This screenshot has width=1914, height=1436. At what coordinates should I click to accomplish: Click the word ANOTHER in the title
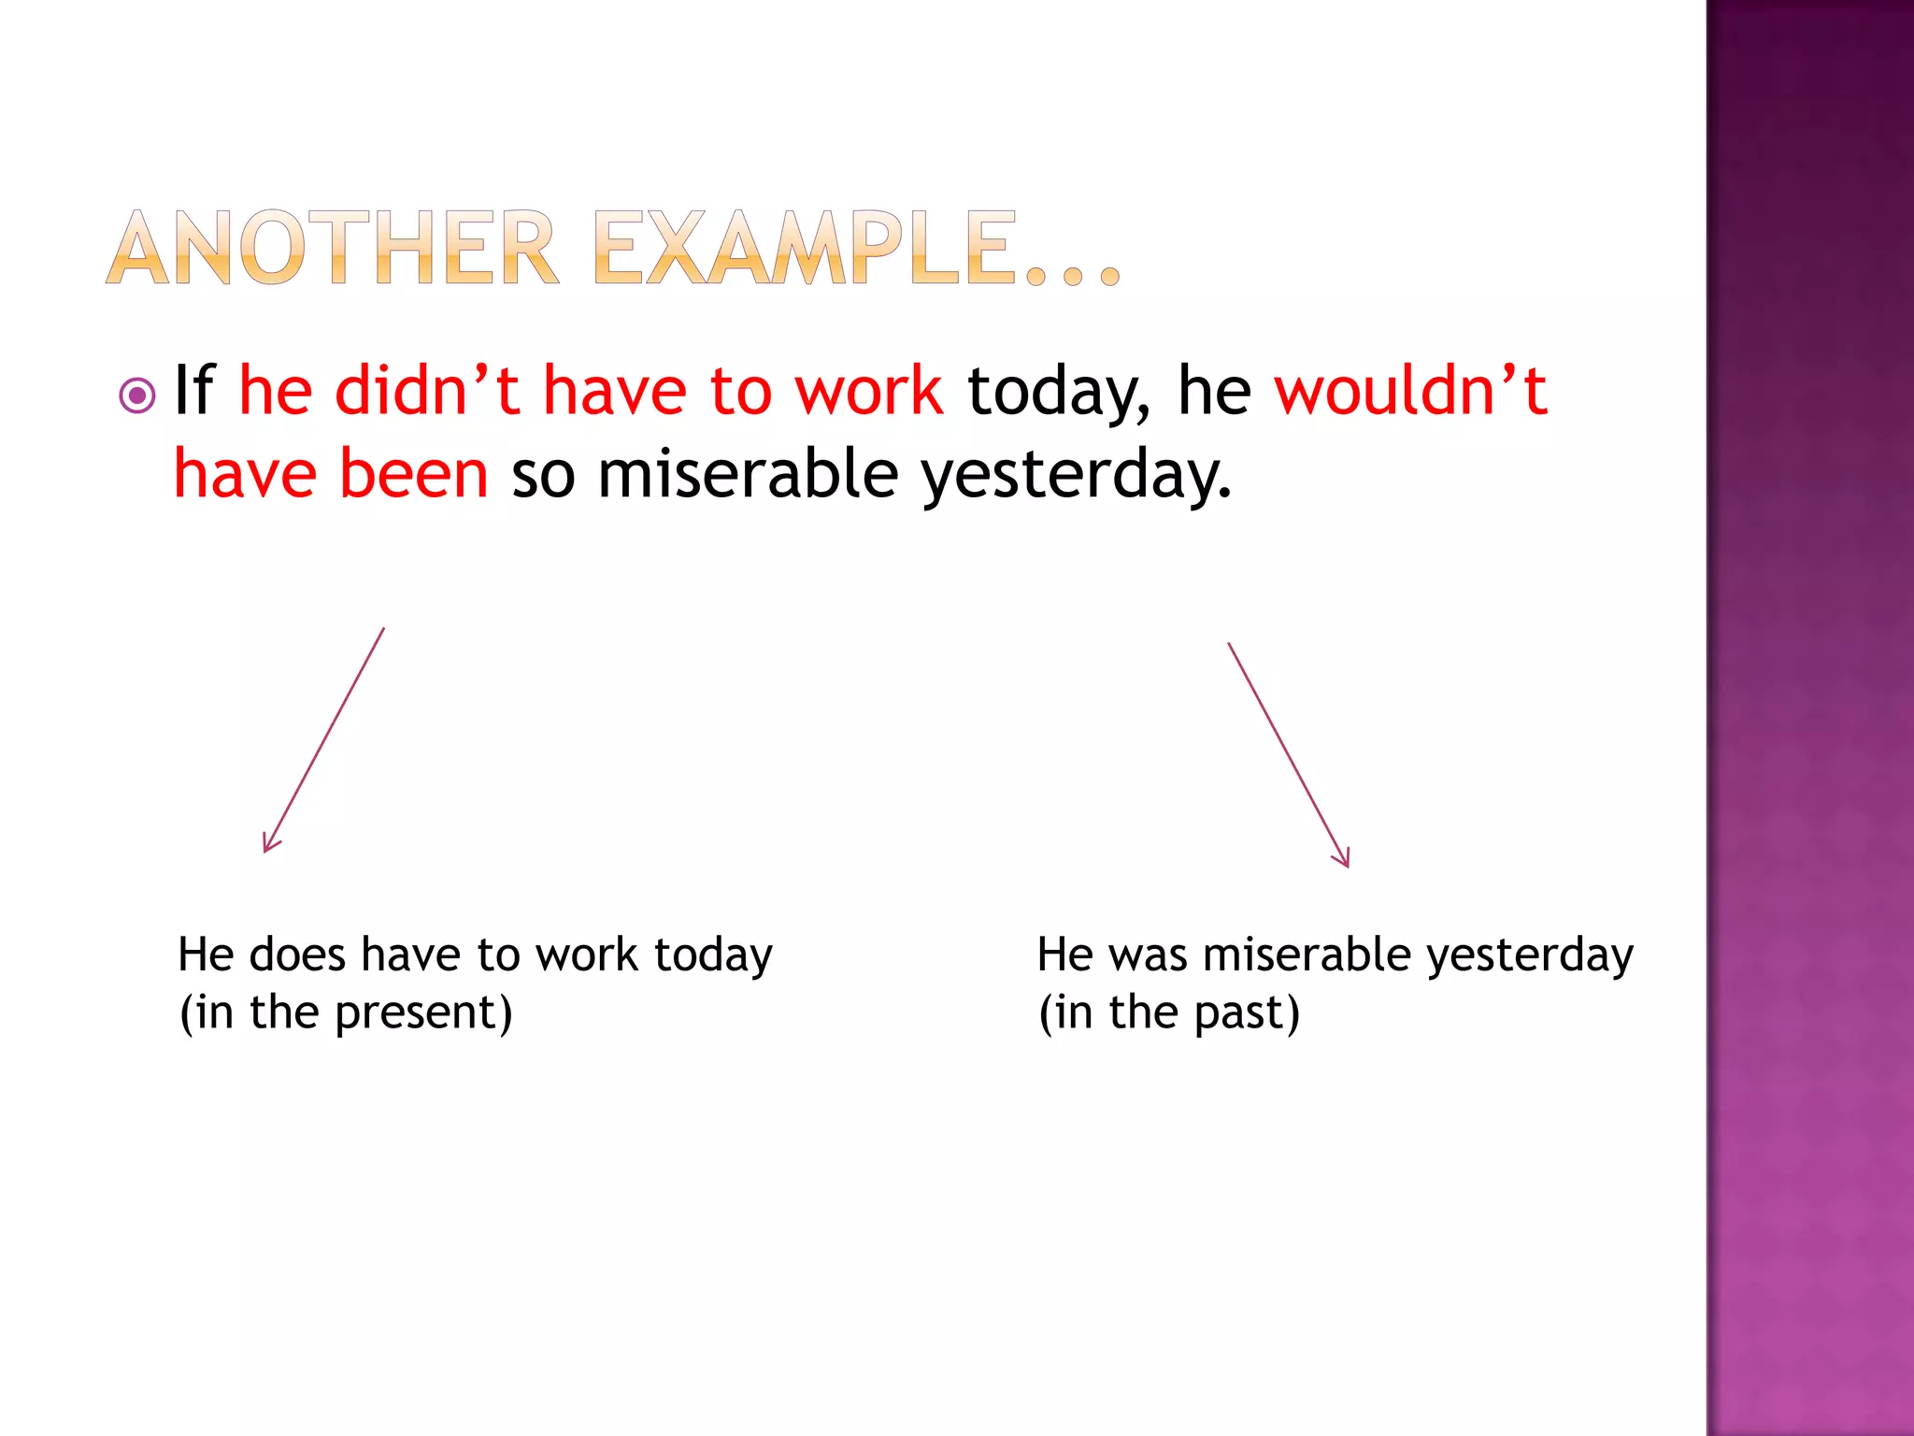click(333, 248)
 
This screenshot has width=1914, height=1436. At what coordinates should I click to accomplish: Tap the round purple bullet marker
click(137, 395)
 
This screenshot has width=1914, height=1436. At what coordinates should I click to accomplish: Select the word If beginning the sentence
click(194, 390)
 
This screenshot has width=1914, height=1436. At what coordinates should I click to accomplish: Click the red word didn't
click(426, 390)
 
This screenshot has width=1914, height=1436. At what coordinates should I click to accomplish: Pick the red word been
click(413, 473)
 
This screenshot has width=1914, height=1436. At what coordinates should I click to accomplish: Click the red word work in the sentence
click(868, 390)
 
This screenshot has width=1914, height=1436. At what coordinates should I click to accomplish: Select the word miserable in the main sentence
click(748, 473)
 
